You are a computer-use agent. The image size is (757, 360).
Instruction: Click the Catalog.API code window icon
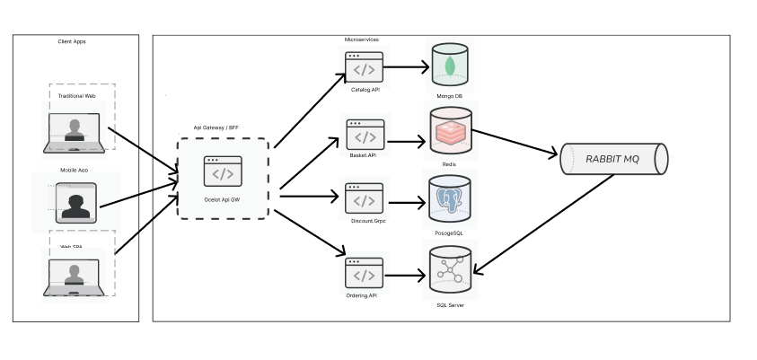(365, 67)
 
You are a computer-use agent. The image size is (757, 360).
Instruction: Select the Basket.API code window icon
(365, 136)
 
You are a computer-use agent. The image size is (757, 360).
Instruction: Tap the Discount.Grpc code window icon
(365, 199)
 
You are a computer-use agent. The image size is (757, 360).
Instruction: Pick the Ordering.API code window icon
(365, 274)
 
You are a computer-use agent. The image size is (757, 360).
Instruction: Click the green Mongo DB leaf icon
(450, 66)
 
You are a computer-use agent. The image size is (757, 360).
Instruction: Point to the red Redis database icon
(450, 133)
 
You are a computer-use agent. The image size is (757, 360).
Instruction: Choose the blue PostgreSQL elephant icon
(450, 200)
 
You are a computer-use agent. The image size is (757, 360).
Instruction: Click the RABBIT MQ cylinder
(613, 159)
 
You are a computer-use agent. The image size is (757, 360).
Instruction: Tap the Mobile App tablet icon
(75, 203)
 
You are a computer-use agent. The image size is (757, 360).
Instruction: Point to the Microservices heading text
(362, 40)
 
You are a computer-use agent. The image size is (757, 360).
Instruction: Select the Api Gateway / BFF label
(216, 127)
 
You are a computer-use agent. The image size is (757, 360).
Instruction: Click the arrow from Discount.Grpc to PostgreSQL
(407, 202)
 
